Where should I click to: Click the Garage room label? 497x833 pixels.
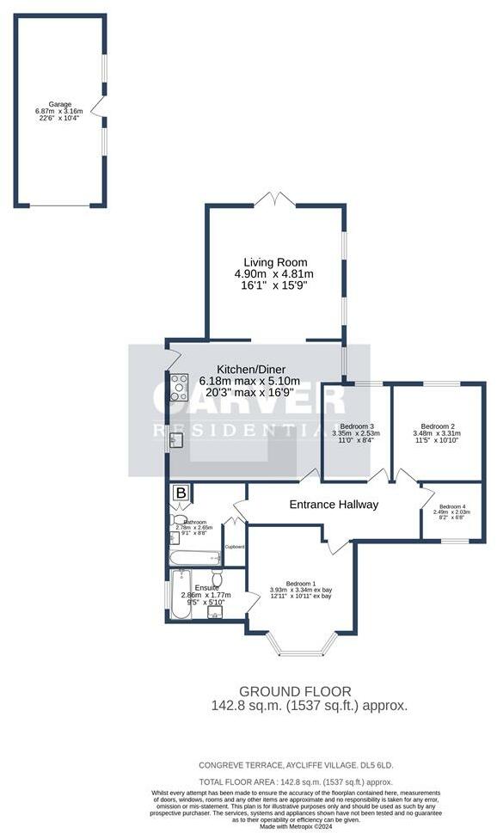coord(59,104)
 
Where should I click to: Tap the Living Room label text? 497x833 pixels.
coord(275,262)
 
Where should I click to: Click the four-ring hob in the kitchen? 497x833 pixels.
coord(180,388)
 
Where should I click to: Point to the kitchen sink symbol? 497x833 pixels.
coord(177,440)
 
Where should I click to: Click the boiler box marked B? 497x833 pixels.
coord(181,493)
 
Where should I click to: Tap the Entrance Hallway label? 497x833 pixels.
coord(333,505)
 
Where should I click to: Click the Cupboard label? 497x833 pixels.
coord(235,547)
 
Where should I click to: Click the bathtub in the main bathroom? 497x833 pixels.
coord(195,558)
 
